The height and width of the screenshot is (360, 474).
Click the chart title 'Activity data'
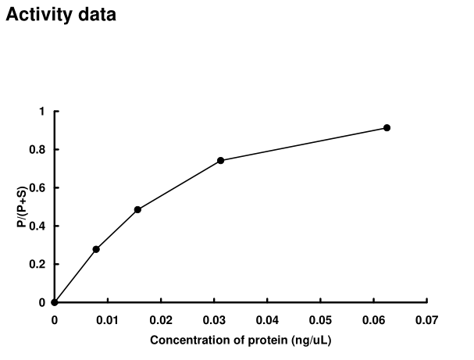point(61,16)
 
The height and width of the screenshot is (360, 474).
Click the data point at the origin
point(54,302)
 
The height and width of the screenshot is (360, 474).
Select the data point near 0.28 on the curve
point(96,249)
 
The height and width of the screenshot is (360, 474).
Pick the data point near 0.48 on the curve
point(137,209)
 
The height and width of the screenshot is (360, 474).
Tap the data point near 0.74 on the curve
point(221,160)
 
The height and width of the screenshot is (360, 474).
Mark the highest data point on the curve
point(387,127)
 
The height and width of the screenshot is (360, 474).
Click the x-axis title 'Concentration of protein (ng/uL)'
point(241,340)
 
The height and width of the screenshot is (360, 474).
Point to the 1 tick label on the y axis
point(42,112)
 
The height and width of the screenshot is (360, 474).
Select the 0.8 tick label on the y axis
point(38,150)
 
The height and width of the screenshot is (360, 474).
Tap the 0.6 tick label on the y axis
point(38,188)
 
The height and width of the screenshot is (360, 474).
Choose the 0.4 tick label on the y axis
point(38,226)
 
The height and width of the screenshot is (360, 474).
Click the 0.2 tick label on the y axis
point(38,265)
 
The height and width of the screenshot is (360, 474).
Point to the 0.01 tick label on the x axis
point(107,319)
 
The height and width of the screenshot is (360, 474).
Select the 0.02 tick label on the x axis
point(160,319)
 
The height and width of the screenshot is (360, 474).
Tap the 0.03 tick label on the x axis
point(214,319)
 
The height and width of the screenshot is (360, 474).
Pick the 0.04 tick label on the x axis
point(267,319)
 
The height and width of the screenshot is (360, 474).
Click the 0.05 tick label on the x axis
point(320,319)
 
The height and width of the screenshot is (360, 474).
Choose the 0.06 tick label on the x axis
point(373,319)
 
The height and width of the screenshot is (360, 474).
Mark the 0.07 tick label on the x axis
point(426,319)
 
